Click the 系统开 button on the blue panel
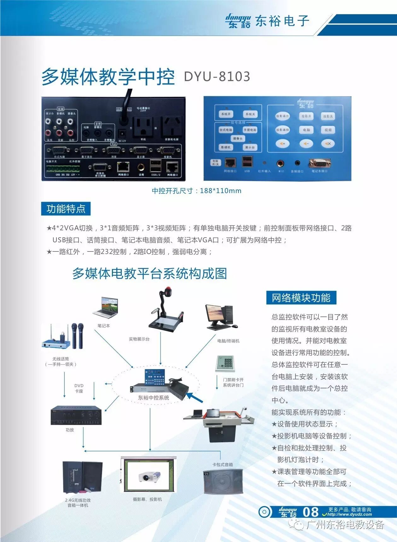click(x=226, y=114)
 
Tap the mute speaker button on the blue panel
click(x=328, y=144)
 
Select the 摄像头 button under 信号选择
click(x=238, y=138)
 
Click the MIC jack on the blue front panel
click(x=280, y=163)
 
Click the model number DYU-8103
click(x=217, y=77)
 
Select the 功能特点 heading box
click(x=66, y=209)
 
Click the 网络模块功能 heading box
click(x=301, y=298)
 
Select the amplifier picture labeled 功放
click(x=76, y=415)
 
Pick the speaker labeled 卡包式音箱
click(x=223, y=481)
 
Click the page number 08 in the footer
click(x=311, y=512)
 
